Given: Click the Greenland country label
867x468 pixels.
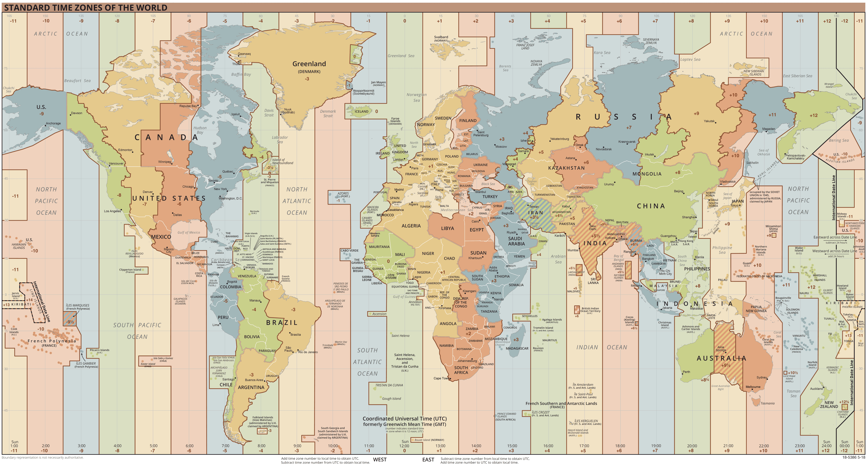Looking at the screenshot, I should coord(309,64).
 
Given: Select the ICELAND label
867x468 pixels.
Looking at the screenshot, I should coord(362,112).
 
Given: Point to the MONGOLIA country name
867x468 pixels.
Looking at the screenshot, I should coord(647,174).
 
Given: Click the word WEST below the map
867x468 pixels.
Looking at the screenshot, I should coord(380,460).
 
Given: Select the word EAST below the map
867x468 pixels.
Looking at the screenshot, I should coord(428,460).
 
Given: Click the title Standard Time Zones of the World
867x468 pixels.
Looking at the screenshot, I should coord(86,7).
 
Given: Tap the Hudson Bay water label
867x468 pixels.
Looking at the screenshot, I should coord(200,130).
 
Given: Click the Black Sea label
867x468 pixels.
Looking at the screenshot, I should coord(488,184).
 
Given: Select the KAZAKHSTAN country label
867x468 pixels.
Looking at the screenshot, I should coord(566,168).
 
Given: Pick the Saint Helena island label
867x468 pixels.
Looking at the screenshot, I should coord(400,336).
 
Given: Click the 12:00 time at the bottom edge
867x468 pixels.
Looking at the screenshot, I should coord(404,446).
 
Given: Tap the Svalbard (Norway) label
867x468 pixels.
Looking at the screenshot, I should coord(441,38).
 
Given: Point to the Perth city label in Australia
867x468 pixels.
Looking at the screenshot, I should coord(686,372).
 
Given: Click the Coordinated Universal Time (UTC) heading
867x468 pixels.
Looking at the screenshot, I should coord(404,419).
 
